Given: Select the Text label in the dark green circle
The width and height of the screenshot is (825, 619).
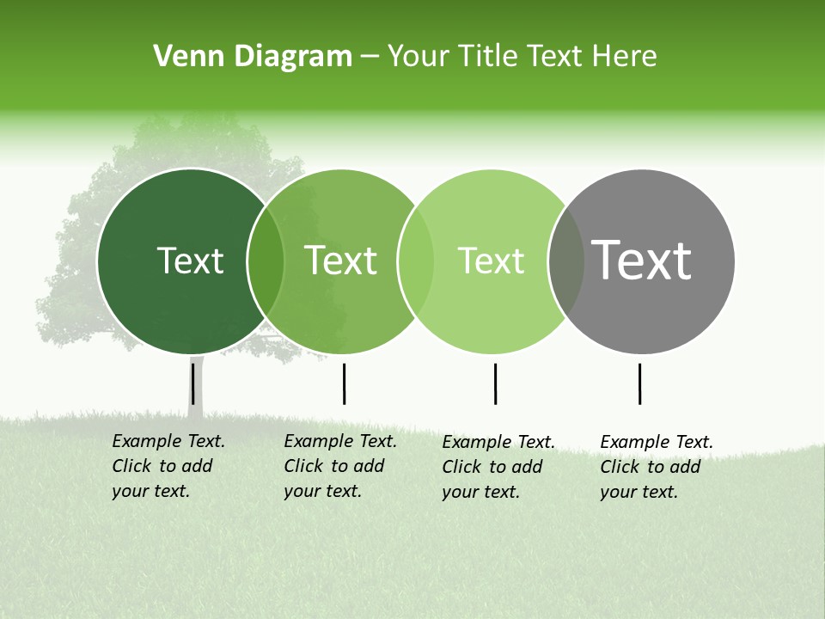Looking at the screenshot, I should coord(190,260).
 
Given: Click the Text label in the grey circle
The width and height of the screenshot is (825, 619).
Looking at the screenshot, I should coord(642,260).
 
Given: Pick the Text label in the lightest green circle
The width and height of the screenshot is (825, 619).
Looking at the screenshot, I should coord(492,260).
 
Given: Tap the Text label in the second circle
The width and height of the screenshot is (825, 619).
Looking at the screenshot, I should coord(341,260).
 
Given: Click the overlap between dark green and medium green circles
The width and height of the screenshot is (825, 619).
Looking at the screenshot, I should coord(266,261).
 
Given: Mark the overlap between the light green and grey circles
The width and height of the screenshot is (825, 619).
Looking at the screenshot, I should coord(565,261).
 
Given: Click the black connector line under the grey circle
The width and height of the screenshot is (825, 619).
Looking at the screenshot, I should coord(639,383).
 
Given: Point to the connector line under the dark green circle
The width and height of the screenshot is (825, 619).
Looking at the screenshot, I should coord(193,383).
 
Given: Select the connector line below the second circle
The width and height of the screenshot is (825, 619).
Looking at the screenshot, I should coord(344,383).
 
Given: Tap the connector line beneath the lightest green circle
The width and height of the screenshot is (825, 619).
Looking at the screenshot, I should coord(495,383).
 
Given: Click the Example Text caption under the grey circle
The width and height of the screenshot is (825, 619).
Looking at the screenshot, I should coord(657,442).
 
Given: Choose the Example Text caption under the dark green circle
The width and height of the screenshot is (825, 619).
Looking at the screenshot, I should coord(168,441).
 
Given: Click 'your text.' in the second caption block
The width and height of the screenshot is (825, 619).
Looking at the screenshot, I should coord(322,491).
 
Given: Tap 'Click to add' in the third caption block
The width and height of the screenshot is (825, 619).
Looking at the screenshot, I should coord(492,467).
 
